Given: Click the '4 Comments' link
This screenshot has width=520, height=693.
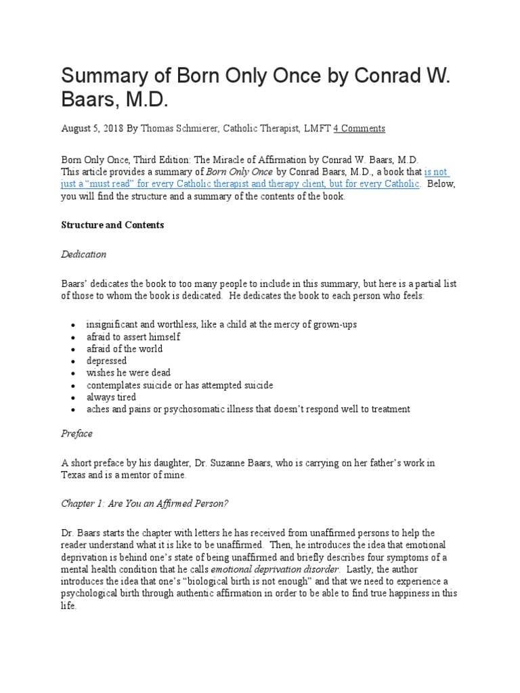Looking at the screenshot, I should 360,128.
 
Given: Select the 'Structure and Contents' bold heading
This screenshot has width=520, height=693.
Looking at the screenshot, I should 112,225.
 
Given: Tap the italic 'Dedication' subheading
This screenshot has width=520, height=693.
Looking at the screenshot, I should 84,254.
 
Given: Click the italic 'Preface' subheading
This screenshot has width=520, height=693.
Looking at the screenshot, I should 77,433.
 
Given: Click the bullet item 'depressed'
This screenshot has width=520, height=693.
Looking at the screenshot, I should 106,361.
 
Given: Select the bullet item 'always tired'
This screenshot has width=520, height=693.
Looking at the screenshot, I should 111,397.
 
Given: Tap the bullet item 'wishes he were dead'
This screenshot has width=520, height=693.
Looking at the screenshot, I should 128,373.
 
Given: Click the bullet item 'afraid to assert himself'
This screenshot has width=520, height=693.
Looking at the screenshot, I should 133,336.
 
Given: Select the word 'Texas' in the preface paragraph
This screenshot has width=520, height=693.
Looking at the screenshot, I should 74,474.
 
